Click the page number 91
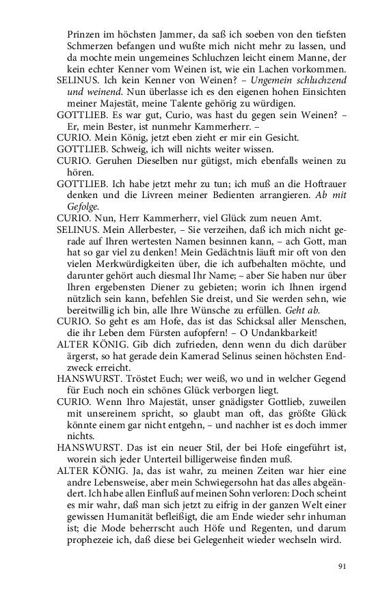[343, 565]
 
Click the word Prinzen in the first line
[86, 32]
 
